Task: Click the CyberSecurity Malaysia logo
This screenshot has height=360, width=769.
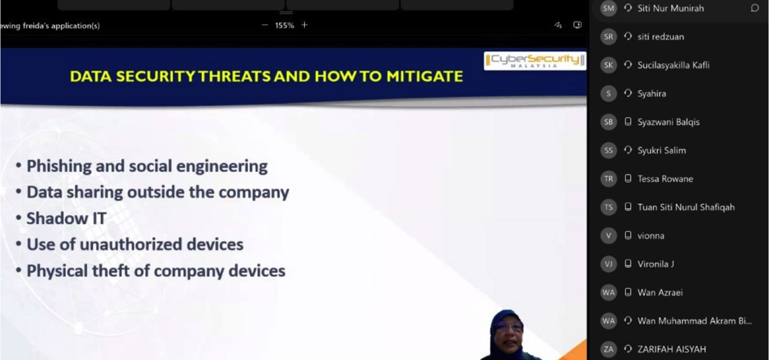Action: [x=535, y=60]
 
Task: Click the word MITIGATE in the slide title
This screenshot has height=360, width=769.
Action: [x=425, y=76]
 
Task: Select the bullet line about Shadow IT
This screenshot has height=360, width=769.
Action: [x=61, y=218]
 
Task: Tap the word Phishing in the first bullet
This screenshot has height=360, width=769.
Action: [x=58, y=166]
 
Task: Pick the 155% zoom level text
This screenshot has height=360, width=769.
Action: [x=284, y=25]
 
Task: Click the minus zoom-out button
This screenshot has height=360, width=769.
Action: [x=265, y=25]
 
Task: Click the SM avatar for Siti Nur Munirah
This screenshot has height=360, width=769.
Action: [x=608, y=8]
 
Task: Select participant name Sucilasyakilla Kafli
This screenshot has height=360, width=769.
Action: [x=673, y=65]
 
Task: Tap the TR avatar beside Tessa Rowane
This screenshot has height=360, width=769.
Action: [x=608, y=179]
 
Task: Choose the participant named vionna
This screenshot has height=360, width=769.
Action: [x=650, y=236]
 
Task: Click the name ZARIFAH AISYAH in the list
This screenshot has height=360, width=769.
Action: [x=672, y=350]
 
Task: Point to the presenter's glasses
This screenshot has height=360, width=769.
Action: [x=509, y=327]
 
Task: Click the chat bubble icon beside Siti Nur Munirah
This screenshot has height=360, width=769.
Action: [x=755, y=8]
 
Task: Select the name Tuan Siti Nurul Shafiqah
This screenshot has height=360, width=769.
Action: [x=686, y=207]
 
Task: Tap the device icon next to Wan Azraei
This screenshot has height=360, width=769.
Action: [x=628, y=293]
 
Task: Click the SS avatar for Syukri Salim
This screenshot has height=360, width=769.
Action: [x=608, y=150]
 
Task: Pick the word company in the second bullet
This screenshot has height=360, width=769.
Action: [x=253, y=192]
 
